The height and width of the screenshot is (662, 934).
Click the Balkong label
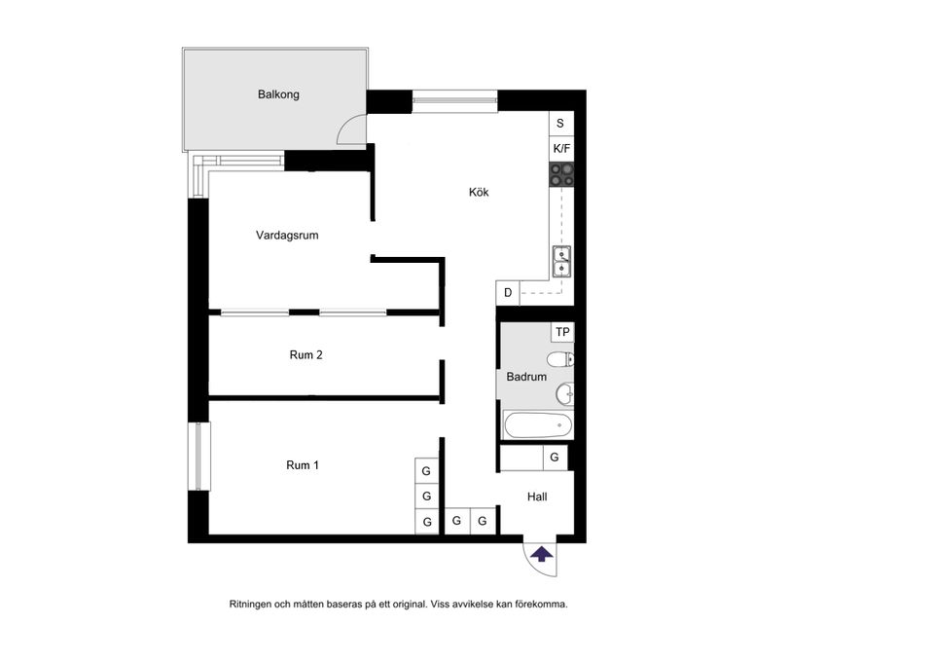278,94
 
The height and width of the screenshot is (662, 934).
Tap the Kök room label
479,192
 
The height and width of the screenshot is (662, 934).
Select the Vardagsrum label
287,236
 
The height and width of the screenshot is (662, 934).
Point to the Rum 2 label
306,355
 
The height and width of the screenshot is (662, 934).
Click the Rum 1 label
303,465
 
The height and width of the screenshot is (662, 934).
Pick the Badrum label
526,377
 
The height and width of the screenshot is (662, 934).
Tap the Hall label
537,496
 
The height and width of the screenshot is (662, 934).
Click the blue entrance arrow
542,554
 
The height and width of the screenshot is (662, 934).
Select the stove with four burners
561,174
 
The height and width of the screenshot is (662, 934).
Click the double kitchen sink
561,262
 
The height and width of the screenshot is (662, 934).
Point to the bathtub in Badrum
538,425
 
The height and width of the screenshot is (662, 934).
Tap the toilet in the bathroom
560,359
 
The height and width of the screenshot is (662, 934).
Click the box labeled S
561,124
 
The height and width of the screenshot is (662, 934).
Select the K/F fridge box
561,149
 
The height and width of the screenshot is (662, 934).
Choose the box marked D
508,293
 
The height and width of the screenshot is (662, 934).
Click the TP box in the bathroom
563,332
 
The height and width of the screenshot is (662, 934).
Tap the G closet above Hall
555,458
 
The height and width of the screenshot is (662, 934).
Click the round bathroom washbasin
565,393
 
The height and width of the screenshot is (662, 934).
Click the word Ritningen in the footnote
250,605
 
